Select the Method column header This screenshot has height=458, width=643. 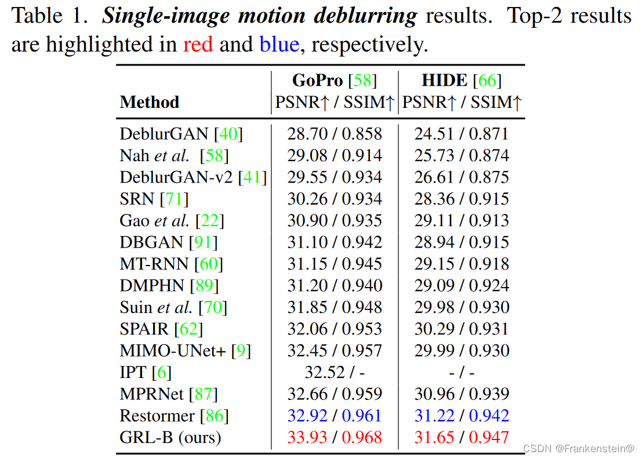pos(149,103)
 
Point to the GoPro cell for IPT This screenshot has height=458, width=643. pos(335,372)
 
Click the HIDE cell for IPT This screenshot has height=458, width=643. pos(462,372)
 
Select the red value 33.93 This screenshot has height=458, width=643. pos(307,437)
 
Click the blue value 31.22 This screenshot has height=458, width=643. pos(434,416)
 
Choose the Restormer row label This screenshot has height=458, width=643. pos(157,416)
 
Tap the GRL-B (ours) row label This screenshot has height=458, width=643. pos(170,437)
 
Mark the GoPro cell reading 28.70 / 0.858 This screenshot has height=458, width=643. pos(335,134)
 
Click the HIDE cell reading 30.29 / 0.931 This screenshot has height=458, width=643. pos(462,329)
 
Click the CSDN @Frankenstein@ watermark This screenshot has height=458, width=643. pos(578,449)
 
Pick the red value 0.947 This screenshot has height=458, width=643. pos(489,437)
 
